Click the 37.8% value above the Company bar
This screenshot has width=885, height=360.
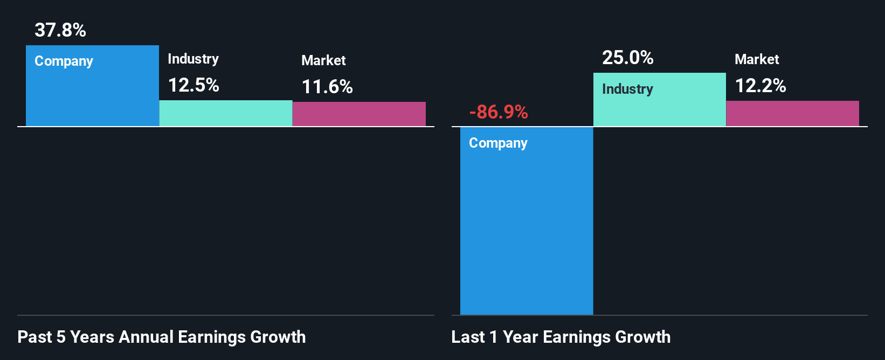pos(60,30)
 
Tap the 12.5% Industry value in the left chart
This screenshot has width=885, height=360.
pos(193,85)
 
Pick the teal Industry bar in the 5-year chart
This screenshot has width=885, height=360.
pos(226,114)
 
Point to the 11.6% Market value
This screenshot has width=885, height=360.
pos(327,87)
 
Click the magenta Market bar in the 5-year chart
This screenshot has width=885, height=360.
pos(359,114)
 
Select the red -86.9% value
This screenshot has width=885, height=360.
pos(499,112)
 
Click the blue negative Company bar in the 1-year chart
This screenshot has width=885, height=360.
pos(527,226)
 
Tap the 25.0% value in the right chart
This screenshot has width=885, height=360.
pos(628,58)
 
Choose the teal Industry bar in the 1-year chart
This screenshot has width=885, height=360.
pos(660,108)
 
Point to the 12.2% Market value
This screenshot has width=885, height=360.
pos(760,86)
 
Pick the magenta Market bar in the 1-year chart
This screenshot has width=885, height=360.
pos(793,114)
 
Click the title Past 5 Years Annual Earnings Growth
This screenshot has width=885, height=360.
pos(162,337)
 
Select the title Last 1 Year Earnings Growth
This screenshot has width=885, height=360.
pos(561,337)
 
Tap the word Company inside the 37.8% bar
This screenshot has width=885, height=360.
pos(64,61)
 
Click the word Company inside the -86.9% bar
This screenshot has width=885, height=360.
pos(499,143)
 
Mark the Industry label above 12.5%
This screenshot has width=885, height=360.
pos(193,59)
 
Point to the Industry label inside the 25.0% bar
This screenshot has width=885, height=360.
pos(627,89)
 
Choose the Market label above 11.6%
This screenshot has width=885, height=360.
pos(323,60)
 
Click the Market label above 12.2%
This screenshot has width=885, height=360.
pos(757,59)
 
